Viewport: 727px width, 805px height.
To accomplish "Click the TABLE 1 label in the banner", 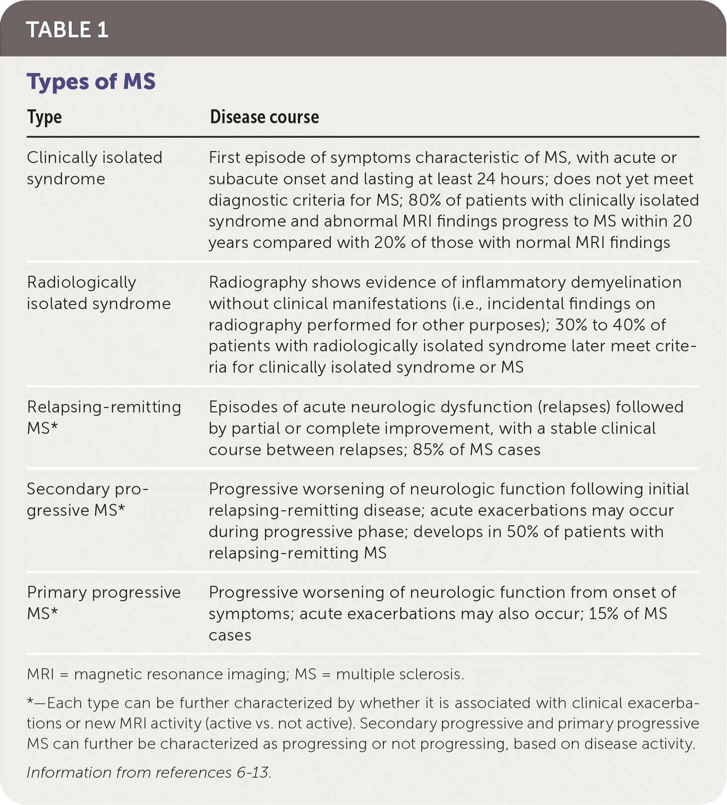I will pos(67,30).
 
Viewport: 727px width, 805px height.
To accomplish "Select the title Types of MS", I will pos(91,81).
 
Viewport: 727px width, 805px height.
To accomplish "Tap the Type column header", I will pos(44,117).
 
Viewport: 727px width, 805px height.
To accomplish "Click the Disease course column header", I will pos(264,117).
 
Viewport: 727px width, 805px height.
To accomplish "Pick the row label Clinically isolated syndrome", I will pos(94,168).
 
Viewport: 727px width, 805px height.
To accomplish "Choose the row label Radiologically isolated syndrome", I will pos(98,293).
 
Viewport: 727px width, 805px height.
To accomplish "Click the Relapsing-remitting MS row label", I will pos(103,417).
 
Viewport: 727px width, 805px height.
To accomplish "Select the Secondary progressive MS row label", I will pos(87,499).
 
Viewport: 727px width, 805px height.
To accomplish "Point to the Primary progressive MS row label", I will pos(103,603).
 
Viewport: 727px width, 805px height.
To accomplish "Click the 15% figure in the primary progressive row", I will pos(603,614).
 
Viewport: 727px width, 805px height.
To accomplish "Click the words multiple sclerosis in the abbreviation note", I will pos(400,674).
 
